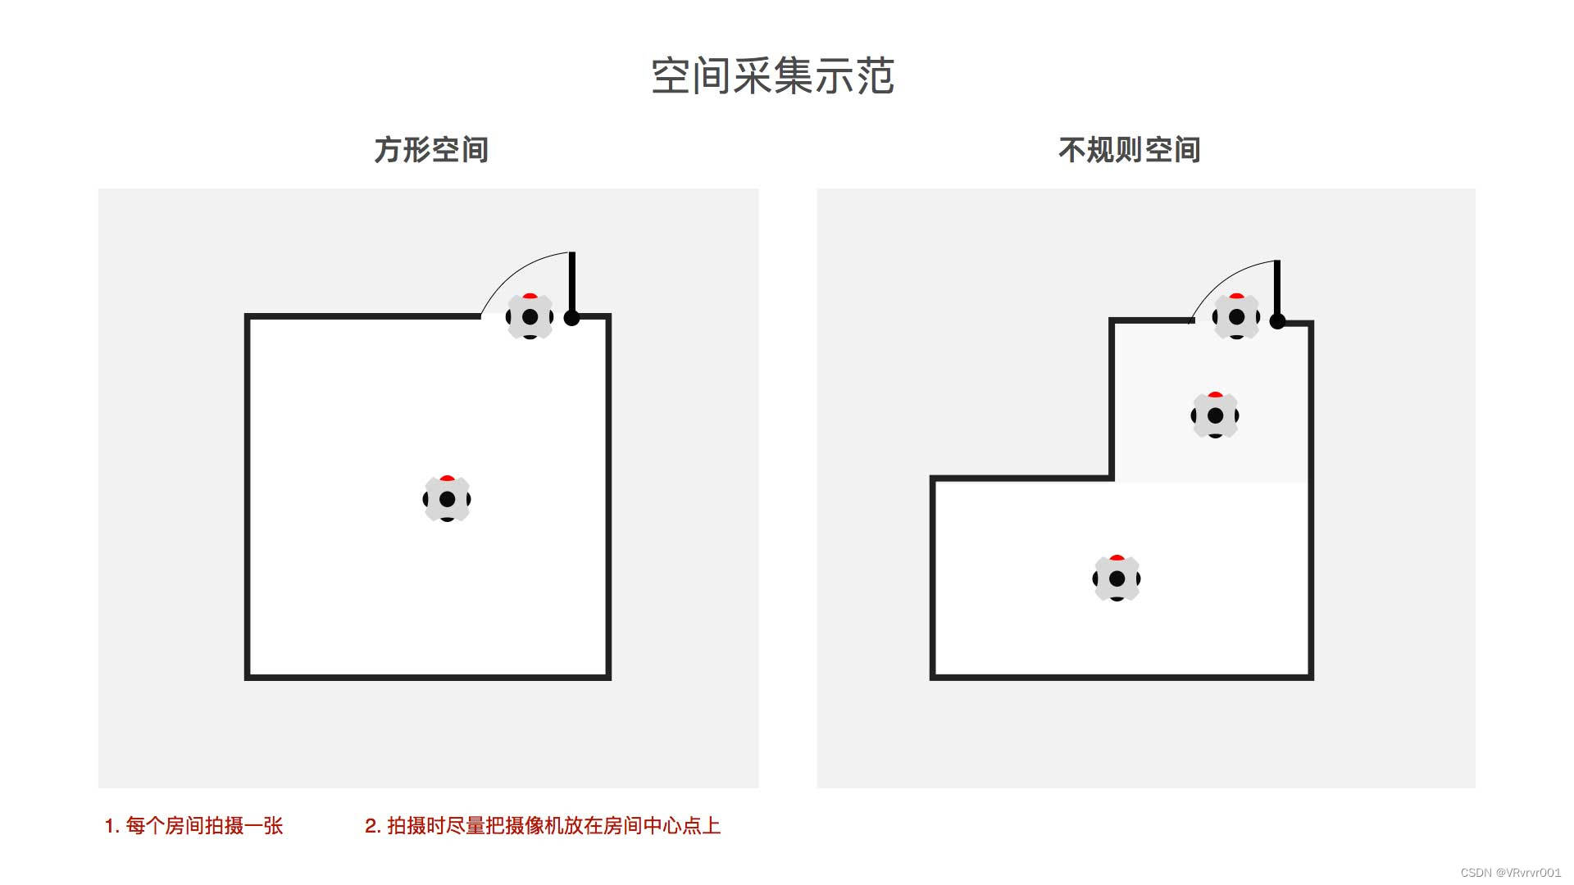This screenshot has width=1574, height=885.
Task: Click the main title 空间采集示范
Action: pos(772,76)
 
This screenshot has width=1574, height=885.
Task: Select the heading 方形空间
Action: pos(431,150)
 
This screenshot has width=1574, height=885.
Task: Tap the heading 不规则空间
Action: pos(1129,150)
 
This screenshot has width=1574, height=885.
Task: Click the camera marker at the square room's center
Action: pos(447,499)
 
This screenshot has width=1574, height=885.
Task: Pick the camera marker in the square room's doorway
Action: pos(530,316)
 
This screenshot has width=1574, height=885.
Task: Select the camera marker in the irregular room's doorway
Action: pos(1236,316)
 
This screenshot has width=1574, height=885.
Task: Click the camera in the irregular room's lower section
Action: pos(1117,579)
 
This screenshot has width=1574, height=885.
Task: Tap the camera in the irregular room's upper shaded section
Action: pos(1215,415)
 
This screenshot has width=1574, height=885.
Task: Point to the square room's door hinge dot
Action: pos(572,318)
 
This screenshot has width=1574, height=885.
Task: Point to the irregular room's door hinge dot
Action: pos(1277,322)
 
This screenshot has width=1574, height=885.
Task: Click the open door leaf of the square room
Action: pos(572,283)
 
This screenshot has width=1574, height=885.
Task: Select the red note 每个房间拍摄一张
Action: pos(193,825)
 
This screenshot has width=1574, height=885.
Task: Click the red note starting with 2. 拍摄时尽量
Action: pos(543,825)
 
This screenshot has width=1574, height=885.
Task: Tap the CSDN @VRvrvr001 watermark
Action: pos(1510,873)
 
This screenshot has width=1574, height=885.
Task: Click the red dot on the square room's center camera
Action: pos(447,478)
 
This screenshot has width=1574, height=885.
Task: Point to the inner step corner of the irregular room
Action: pos(1112,478)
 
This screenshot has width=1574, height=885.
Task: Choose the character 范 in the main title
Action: pos(875,76)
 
